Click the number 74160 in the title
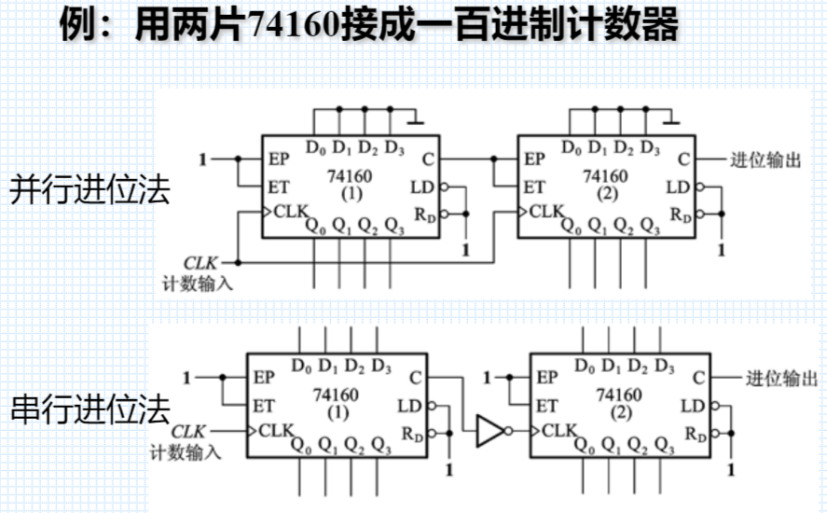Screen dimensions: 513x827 [296, 27]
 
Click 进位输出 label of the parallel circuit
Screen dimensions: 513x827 [765, 159]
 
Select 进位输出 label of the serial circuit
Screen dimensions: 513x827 [781, 378]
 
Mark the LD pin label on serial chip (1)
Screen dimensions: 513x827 [409, 406]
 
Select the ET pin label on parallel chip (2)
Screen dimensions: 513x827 [533, 187]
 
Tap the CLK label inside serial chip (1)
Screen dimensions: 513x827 [276, 430]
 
